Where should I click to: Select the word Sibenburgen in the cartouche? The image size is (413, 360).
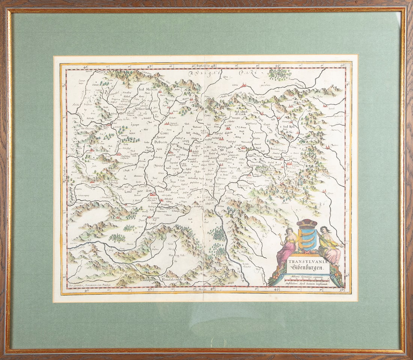[x=308, y=267]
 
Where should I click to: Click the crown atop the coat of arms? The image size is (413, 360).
[x=307, y=223]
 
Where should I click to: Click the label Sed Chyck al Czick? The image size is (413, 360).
[x=242, y=113]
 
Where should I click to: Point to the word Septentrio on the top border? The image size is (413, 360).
[x=203, y=66]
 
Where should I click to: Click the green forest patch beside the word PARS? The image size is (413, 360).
[x=280, y=74]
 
